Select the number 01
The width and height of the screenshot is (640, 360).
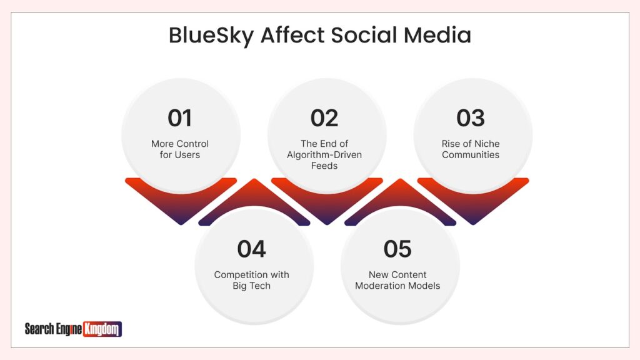coord(180,118)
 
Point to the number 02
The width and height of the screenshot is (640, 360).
coord(324,118)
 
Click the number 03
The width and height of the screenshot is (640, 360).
coord(471,118)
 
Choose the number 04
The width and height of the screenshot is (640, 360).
coord(251,249)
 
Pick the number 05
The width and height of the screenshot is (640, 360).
coord(397,249)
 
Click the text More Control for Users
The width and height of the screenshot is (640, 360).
coord(180,149)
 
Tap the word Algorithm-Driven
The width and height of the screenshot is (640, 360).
coord(324,154)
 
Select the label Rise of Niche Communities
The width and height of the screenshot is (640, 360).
coord(471,149)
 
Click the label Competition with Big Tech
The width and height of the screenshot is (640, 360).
coord(251,280)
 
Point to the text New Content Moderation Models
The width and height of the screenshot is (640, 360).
coord(397,280)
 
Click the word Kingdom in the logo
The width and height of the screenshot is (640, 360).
coord(102,329)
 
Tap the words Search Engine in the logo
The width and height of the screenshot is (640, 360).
coord(53,329)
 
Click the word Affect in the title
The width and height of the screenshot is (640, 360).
coord(292,36)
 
